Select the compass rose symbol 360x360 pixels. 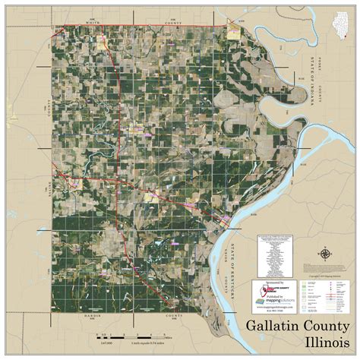[325, 254]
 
